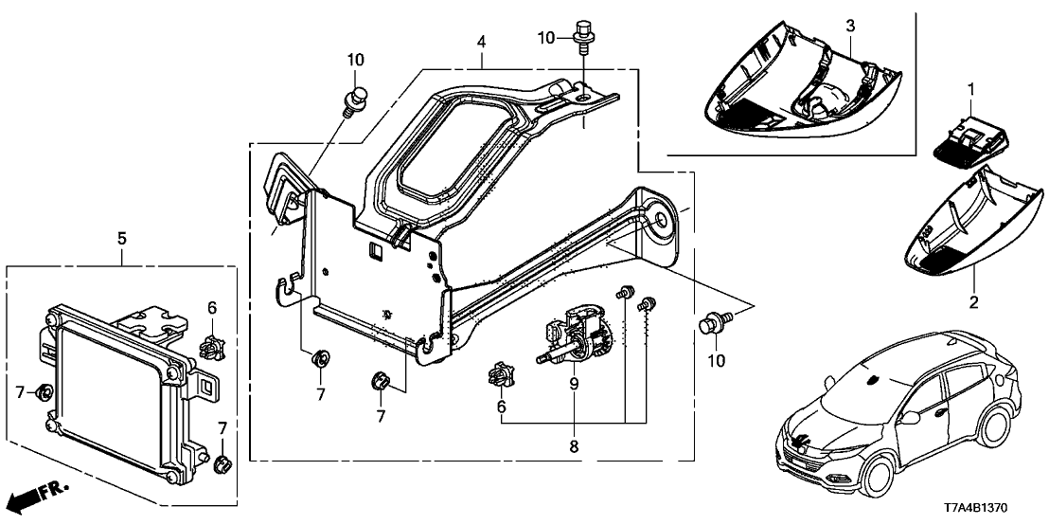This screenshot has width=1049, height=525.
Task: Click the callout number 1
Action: click(x=969, y=88)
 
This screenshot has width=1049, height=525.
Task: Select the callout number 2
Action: click(x=972, y=302)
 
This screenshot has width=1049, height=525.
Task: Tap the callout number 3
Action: click(x=850, y=23)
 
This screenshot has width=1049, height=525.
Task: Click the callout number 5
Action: click(x=121, y=238)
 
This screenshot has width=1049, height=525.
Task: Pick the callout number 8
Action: click(x=575, y=444)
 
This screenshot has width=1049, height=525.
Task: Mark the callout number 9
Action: click(x=575, y=384)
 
